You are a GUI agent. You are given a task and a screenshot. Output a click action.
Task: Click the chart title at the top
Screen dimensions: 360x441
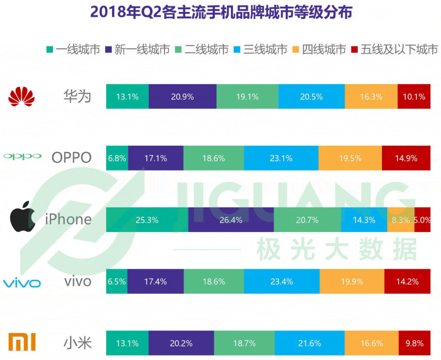pos(221,12)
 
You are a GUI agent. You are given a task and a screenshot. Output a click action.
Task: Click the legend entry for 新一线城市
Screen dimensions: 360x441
pos(138,50)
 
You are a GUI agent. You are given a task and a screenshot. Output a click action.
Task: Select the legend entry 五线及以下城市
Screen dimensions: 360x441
pos(394,50)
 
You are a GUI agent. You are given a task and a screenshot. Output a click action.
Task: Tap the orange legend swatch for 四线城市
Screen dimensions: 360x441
pos(296,50)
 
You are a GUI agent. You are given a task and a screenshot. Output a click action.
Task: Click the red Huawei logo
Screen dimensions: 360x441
pos(21,96)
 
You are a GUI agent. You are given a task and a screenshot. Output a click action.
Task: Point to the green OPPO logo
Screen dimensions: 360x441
pos(22,156)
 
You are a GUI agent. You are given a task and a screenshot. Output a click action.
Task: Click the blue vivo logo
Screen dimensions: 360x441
pos(22,283)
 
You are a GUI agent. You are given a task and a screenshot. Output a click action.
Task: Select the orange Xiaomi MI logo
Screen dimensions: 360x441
pos(22,342)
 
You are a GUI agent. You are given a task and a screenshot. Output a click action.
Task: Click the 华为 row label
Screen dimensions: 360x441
pos(77,96)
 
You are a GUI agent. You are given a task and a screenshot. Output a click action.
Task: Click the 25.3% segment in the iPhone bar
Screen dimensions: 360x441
pos(147,220)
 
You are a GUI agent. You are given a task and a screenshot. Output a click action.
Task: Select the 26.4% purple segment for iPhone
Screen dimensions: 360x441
pos(231,220)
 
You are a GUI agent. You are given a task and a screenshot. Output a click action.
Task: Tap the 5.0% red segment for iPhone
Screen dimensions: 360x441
pos(422,220)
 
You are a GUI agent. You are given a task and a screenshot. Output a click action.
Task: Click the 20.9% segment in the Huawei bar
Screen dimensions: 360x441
pos(182,96)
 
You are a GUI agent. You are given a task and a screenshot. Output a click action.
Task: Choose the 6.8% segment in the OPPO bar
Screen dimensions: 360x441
pos(117,158)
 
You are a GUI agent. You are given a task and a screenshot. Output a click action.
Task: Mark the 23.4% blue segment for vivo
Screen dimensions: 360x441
pos(281,282)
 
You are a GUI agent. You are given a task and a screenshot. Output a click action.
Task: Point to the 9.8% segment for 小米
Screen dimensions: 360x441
pos(414,343)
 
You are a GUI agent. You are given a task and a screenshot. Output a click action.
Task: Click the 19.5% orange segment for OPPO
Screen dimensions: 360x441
pos(350,158)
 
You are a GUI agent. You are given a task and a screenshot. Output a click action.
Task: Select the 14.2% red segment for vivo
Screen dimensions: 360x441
pos(407,282)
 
